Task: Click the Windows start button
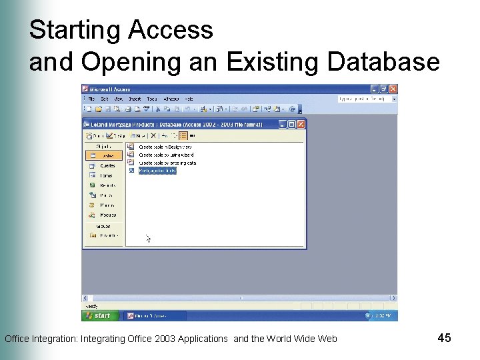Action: [x=99, y=315]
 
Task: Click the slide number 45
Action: [x=445, y=338]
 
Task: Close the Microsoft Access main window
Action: [x=393, y=89]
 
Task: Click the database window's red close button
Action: [x=301, y=124]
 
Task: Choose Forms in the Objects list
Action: [x=106, y=175]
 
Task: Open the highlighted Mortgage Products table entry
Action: [x=157, y=171]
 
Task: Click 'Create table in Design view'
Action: [x=165, y=146]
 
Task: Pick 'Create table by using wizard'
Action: [x=165, y=154]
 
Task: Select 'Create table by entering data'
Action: [x=167, y=162]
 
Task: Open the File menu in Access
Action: [x=91, y=99]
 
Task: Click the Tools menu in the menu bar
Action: [x=152, y=99]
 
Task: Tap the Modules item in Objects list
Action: [x=107, y=215]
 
